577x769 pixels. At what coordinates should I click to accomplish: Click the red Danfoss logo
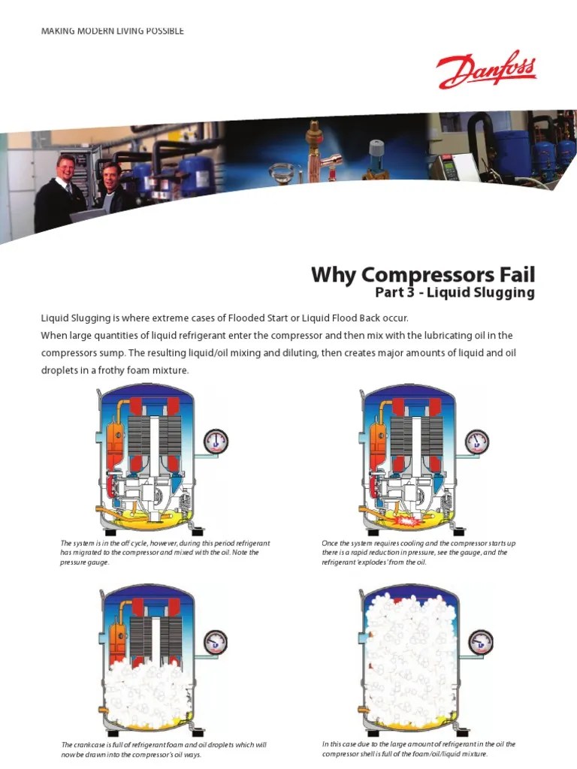click(x=486, y=71)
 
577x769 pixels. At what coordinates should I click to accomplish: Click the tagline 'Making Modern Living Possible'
click(x=113, y=31)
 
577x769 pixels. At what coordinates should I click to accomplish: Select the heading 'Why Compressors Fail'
click(x=423, y=274)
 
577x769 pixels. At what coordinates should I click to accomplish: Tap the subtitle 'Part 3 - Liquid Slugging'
click(x=455, y=293)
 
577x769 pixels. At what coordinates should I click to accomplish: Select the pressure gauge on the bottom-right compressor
click(x=479, y=641)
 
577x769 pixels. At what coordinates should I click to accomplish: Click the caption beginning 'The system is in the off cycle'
click(x=165, y=552)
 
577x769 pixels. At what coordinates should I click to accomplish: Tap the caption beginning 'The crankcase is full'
click(x=164, y=749)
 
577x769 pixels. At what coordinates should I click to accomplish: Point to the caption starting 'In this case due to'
click(x=418, y=749)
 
